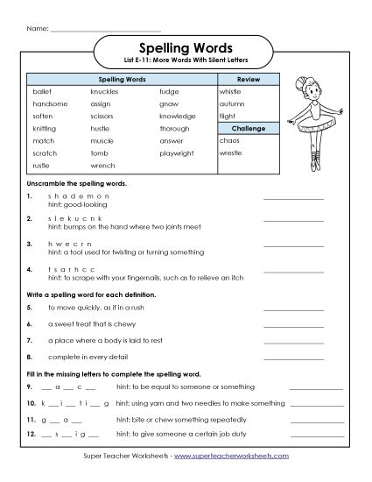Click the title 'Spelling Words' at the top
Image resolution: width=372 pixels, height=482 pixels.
(186, 49)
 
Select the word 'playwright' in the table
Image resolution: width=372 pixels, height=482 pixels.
(179, 152)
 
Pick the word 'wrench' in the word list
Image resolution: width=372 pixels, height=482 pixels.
(102, 165)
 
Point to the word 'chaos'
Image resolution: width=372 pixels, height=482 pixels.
(230, 140)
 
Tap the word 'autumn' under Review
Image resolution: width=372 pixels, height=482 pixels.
(233, 103)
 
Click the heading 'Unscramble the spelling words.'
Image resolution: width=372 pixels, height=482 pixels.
(77, 184)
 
